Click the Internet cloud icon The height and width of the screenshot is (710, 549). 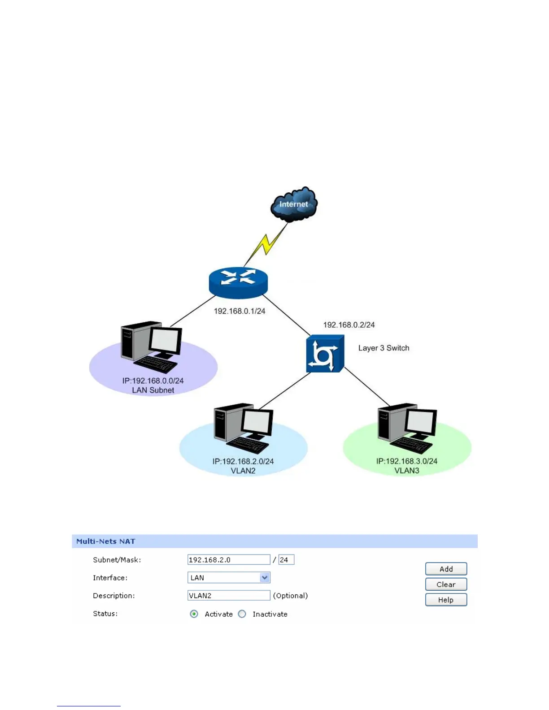[x=294, y=204]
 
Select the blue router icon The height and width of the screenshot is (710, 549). [x=238, y=282]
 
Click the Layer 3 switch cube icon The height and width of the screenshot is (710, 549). [x=325, y=354]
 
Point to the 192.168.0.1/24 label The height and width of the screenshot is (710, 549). [x=240, y=311]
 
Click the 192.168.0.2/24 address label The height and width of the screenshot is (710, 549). [x=349, y=325]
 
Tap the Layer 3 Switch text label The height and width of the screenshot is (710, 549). [x=383, y=348]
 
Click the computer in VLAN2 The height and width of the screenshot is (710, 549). [x=244, y=428]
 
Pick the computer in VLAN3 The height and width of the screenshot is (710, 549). [x=407, y=428]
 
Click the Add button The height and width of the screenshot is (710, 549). [x=446, y=569]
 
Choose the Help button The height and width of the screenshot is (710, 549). [x=446, y=600]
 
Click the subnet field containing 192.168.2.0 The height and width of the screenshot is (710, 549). [x=229, y=560]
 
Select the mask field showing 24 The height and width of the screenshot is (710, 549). [x=286, y=560]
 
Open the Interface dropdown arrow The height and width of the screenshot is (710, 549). [x=265, y=578]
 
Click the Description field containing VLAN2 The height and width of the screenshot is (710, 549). [x=229, y=596]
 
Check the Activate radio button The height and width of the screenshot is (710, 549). [x=194, y=614]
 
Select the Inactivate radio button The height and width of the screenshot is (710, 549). [x=242, y=614]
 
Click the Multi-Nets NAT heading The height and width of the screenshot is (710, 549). [x=106, y=541]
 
